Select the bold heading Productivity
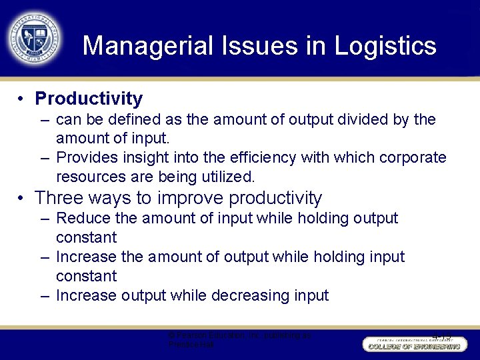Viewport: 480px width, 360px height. (89, 99)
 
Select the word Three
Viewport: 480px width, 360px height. (59, 198)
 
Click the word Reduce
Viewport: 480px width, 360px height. (83, 218)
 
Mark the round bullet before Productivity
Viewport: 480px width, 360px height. (22, 99)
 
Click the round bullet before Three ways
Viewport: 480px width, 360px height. (22, 198)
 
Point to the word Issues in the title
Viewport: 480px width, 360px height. (245, 46)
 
